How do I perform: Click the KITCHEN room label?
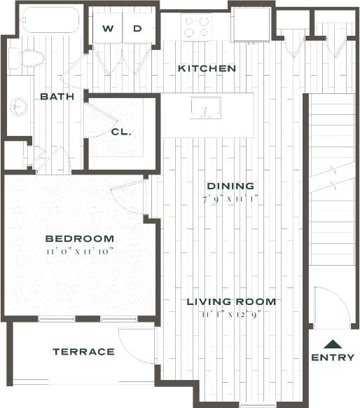(x=207, y=69)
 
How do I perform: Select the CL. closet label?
(x=120, y=131)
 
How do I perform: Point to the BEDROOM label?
(x=79, y=238)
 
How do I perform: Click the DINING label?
(x=230, y=186)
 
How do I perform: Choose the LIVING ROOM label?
(x=230, y=302)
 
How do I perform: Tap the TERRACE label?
(x=83, y=351)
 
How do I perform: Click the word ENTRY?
(x=333, y=358)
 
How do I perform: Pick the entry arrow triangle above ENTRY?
(x=333, y=344)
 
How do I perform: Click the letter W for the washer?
(x=108, y=29)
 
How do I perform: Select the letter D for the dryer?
(x=137, y=29)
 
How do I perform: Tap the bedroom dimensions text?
(x=79, y=250)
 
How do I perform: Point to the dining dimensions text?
(x=230, y=199)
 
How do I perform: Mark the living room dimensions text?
(x=230, y=315)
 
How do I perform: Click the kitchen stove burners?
(x=197, y=27)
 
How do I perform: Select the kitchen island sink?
(x=206, y=108)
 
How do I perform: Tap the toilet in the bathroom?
(x=31, y=58)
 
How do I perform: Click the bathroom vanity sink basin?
(x=19, y=107)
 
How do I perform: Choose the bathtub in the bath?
(x=49, y=20)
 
